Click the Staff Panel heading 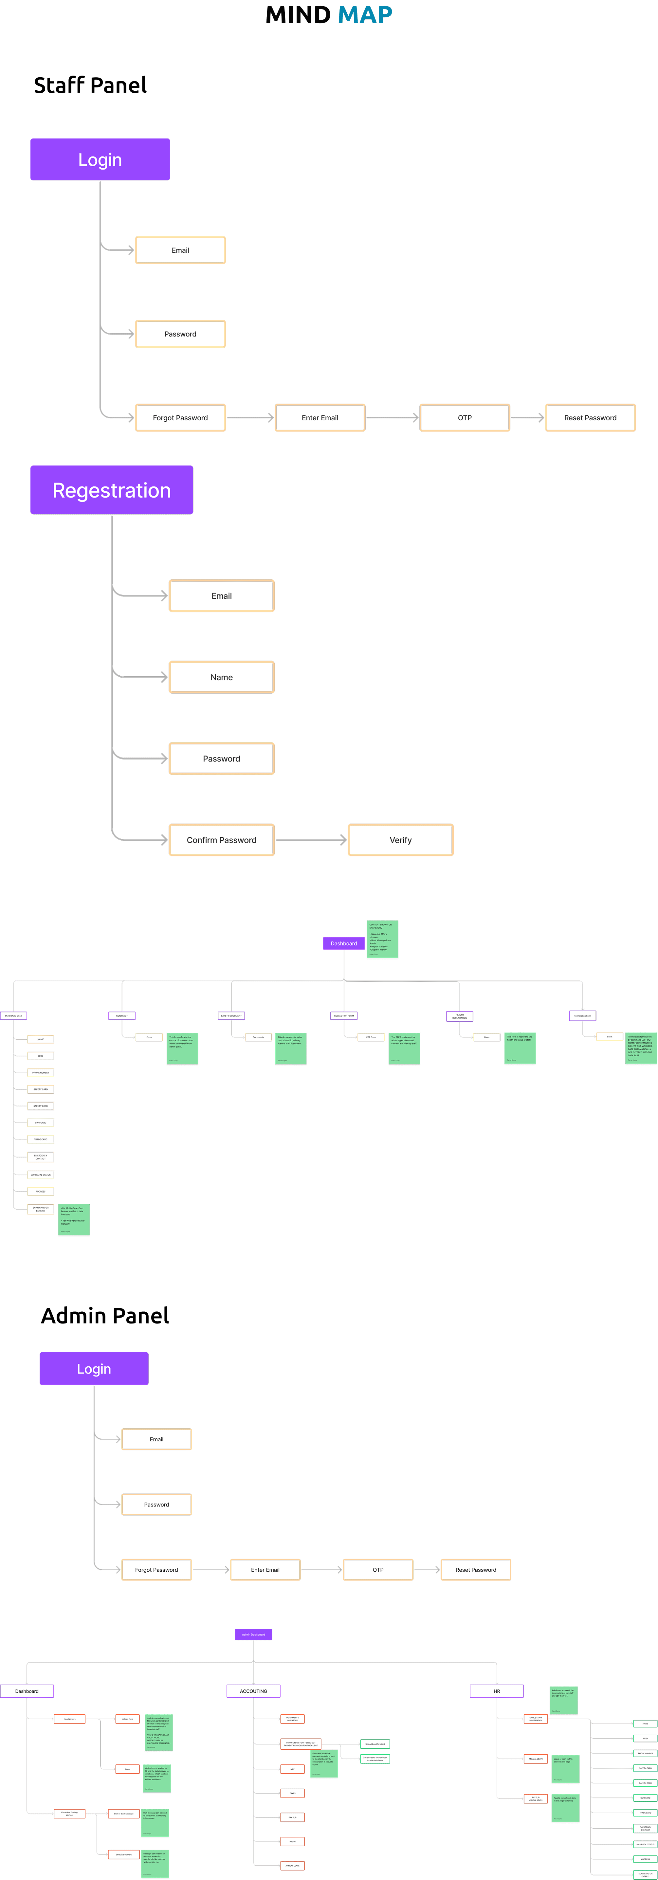point(90,85)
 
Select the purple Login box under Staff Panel point(100,160)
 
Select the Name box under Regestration point(222,677)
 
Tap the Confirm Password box point(222,840)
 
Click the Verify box point(400,840)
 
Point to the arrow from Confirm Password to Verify point(312,840)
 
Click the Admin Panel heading point(105,1316)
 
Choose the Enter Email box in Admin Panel point(265,1570)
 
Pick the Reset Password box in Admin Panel point(476,1570)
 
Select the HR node point(497,1691)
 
